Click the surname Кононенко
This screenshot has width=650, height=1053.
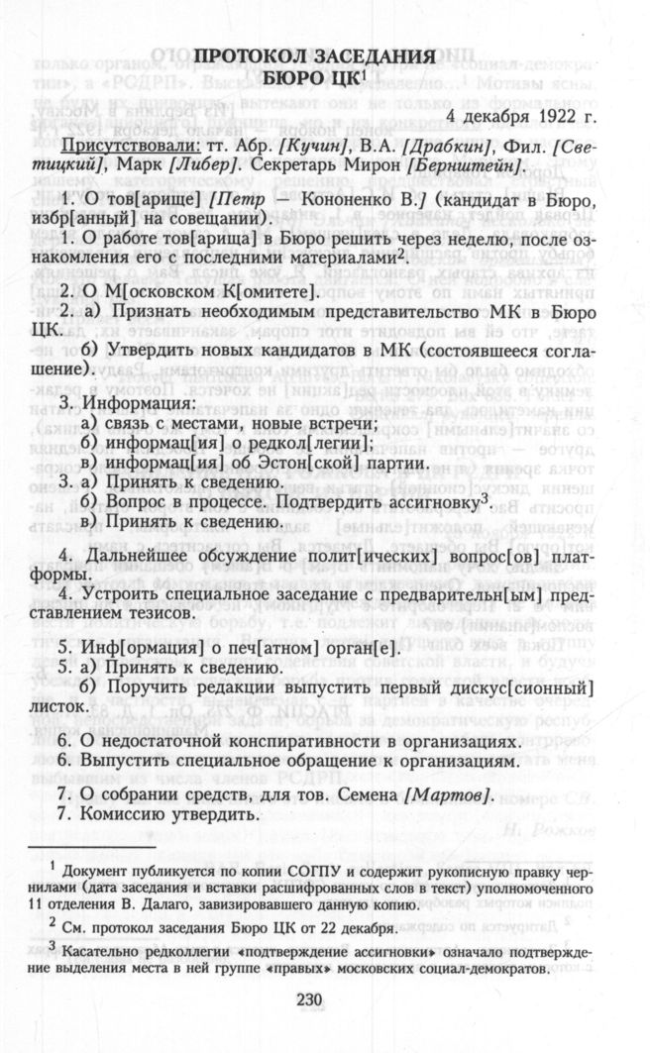coord(346,203)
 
